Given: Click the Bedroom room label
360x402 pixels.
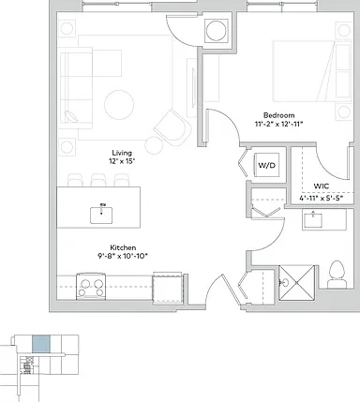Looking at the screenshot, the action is point(278,115).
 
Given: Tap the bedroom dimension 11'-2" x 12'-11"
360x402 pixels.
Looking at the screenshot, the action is point(278,124).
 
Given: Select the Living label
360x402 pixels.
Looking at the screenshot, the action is point(122,153).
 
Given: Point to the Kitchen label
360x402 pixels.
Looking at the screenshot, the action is point(123,247).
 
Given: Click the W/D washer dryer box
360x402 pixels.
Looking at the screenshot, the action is point(266,165).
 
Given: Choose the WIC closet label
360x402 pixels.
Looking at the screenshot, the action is point(322,186).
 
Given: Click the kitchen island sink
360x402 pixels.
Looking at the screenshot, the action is point(101,216).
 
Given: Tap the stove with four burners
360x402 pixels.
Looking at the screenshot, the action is point(91,287).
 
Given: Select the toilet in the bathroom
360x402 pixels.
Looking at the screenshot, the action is point(337,275).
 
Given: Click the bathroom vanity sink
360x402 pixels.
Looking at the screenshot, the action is point(313,219).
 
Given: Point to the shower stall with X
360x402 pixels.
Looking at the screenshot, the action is point(296,283).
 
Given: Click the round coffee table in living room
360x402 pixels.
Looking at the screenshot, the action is point(119,105).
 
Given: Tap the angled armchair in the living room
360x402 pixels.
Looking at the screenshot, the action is point(172,127).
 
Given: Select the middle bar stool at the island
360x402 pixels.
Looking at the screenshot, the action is point(98,180).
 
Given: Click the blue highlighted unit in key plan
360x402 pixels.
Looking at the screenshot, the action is point(41,344).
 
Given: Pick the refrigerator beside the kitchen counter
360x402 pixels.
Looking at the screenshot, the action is point(168,289).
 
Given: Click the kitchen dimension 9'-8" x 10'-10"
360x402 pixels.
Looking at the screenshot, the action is point(122,256).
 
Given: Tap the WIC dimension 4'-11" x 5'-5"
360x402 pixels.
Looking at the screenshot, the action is point(322,198).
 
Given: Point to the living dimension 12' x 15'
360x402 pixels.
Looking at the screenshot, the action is point(122,161).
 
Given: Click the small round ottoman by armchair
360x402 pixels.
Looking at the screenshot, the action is point(154,145).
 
